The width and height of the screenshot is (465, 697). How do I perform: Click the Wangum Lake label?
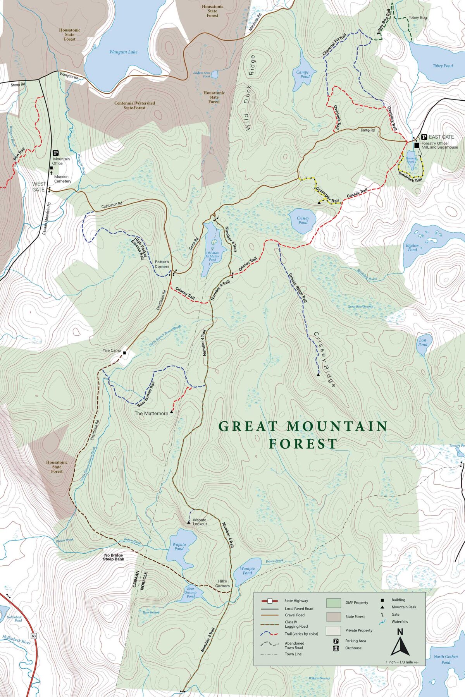coord(123,52)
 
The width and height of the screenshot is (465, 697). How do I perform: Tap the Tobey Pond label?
coord(443,66)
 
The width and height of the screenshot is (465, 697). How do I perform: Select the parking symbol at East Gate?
coord(424,137)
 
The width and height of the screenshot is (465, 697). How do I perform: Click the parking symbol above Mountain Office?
coord(55,153)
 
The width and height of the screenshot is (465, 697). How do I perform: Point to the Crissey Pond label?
coord(303,220)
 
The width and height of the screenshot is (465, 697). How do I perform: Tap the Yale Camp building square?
coord(124,353)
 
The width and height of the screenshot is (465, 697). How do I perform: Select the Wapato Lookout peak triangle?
coord(188,523)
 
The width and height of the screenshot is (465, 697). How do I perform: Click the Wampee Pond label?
coord(247,571)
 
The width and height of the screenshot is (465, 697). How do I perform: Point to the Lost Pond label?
coord(423,342)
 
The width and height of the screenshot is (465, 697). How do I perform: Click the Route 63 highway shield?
coord(34,636)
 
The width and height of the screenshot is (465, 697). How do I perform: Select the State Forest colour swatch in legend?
coord(333,616)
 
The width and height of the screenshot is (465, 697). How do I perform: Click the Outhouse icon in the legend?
coord(336,648)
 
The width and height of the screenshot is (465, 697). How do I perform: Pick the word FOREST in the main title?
coord(303,444)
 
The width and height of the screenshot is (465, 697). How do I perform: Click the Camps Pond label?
coord(303,74)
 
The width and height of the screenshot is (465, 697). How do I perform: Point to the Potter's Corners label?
coord(162,264)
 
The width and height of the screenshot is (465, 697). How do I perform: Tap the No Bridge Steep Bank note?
coord(114,557)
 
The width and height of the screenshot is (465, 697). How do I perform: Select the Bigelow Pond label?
coord(412,247)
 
